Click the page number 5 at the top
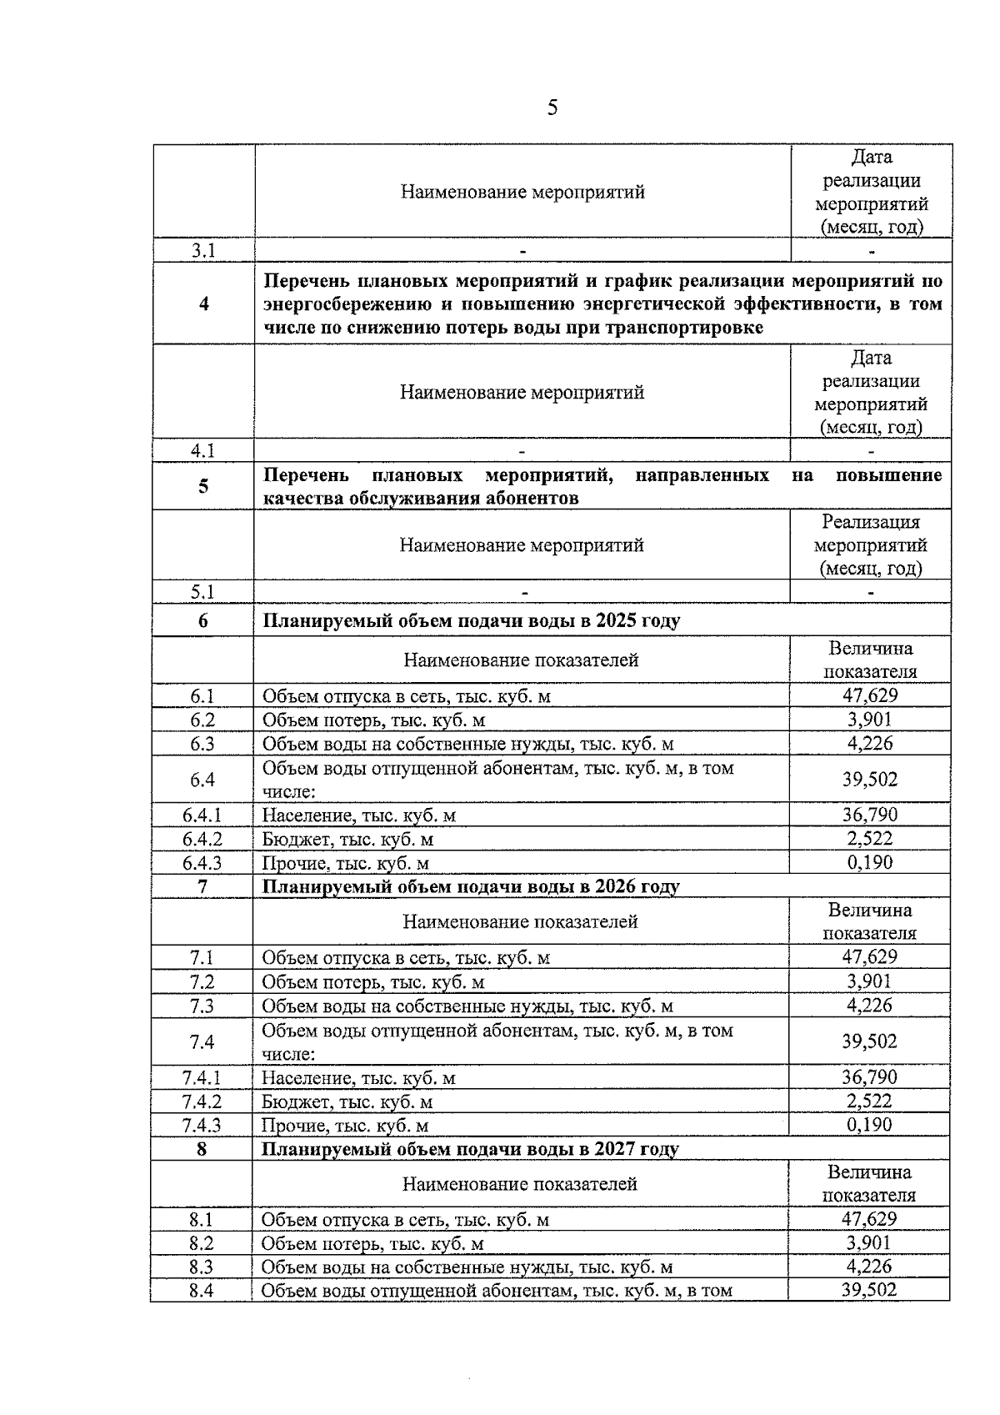pos(552,108)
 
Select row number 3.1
pos(203,251)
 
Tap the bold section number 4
pos(204,304)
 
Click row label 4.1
pos(203,451)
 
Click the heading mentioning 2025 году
pos(472,621)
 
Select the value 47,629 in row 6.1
pos(870,695)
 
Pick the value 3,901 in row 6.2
pos(870,720)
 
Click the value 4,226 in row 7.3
pos(869,1006)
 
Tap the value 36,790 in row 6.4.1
pos(870,815)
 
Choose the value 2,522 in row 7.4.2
pos(869,1101)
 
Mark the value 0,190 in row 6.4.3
pos(870,862)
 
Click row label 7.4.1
pos(202,1078)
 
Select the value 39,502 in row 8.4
pos(869,1290)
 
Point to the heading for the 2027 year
pos(471,1149)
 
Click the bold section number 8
pos(202,1149)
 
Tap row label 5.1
pos(203,592)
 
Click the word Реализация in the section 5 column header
pos(871,522)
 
